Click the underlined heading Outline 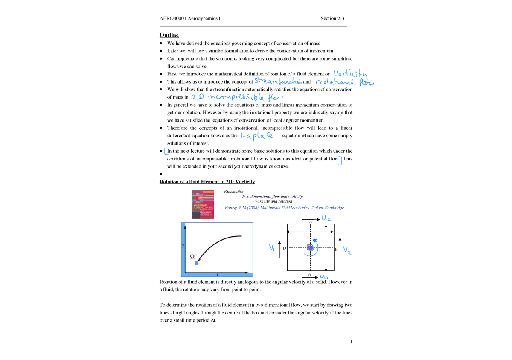click(x=169, y=35)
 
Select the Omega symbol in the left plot click(x=192, y=257)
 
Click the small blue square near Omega click(x=196, y=263)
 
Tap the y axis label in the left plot click(x=183, y=246)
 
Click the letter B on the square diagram click(x=336, y=249)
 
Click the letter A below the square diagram click(x=309, y=274)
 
